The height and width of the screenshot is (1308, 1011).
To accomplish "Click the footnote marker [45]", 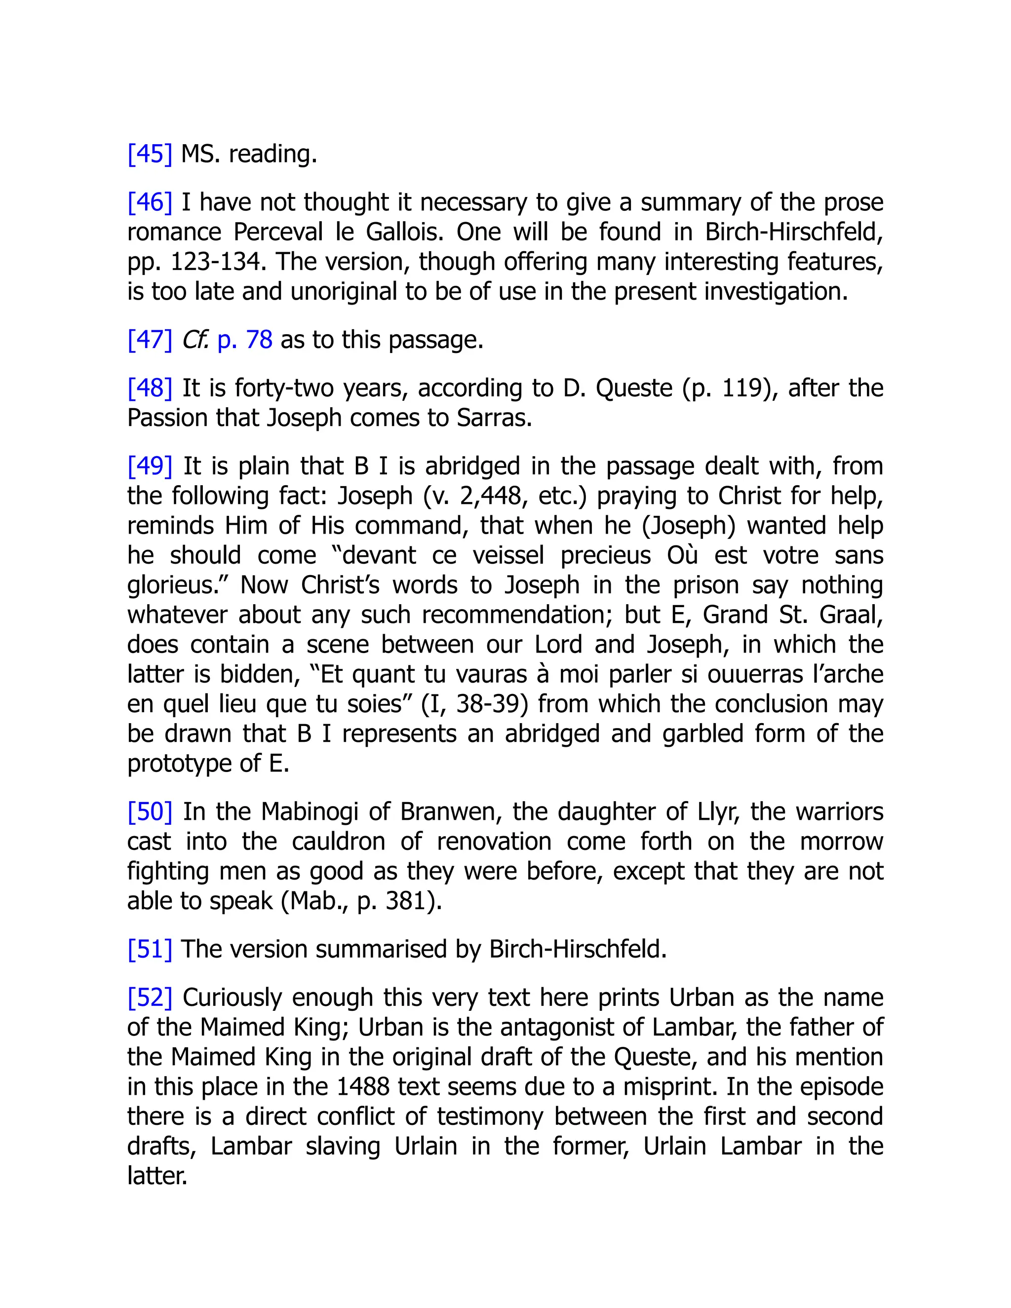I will pos(150,154).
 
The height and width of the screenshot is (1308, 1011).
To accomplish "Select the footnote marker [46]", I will pos(150,202).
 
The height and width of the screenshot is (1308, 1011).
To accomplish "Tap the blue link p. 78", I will pos(244,340).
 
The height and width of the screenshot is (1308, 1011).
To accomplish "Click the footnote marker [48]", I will pos(150,388).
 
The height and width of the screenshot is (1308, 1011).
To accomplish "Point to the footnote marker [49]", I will pos(150,466).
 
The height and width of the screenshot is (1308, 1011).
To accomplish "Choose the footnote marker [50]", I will pos(150,811).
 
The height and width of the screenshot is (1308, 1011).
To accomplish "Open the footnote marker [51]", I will pos(150,949).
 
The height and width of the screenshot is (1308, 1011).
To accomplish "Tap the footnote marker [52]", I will pos(150,998).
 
